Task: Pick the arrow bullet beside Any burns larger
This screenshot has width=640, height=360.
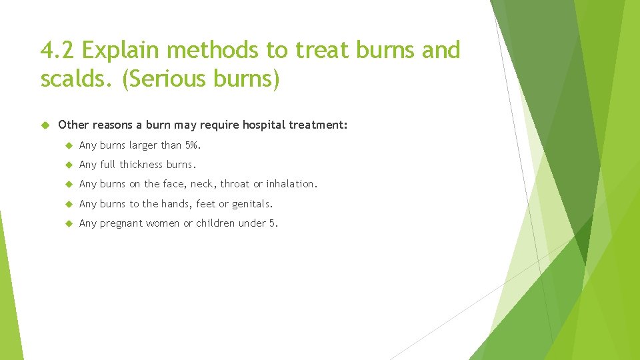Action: [x=69, y=145]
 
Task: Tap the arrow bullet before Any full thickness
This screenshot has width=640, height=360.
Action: [x=69, y=164]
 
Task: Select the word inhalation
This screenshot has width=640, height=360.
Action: [x=291, y=184]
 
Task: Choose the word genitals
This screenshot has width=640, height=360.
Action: [x=252, y=204]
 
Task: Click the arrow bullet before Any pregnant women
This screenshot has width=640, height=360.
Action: [x=69, y=223]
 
